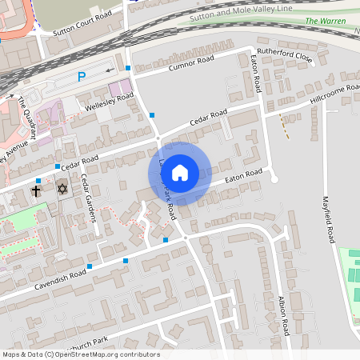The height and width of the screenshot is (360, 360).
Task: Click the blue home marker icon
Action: [180, 172]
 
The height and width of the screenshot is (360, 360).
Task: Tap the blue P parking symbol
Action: [81, 77]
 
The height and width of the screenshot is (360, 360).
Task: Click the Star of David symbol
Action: [62, 189]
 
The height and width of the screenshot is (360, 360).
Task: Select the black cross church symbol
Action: [36, 191]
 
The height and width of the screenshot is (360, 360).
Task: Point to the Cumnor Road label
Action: [191, 62]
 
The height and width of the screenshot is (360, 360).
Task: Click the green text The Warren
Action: [322, 21]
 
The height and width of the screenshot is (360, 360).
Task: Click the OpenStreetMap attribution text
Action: [80, 354]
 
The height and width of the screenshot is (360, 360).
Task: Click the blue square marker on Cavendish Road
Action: [125, 261]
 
